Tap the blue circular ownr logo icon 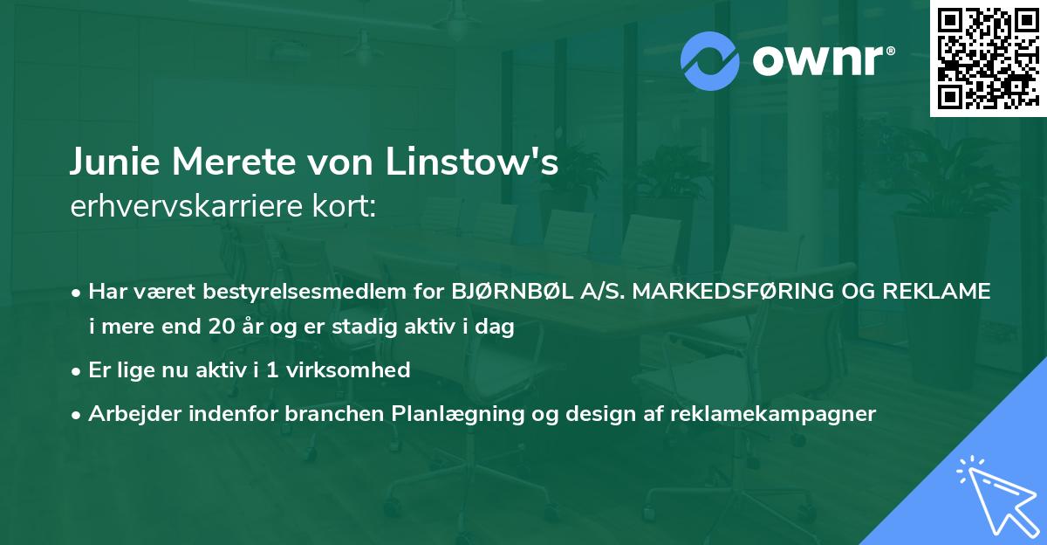(x=710, y=60)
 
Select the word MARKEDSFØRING (x=708, y=292)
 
